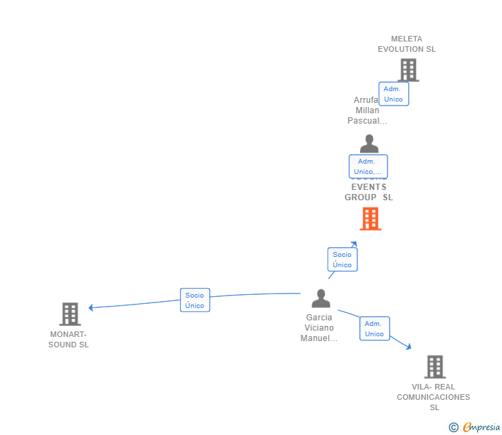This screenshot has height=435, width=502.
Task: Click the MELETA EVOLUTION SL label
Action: pos(406,44)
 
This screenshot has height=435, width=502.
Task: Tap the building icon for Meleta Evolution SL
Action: pos(408,70)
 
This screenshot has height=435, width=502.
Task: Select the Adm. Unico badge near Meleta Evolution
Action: pos(394,94)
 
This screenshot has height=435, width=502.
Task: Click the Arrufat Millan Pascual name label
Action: pos(367,110)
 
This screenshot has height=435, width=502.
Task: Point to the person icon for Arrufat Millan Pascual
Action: pos(369,144)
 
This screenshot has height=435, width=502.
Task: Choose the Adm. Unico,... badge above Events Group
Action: pos(368,166)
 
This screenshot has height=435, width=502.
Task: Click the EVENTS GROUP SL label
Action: pos(369,192)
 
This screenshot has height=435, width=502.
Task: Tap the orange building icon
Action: pos(370,219)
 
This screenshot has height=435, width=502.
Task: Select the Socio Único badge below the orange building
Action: pos(342,260)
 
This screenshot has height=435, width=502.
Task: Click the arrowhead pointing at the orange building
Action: pos(354,244)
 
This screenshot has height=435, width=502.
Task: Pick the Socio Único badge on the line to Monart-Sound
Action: pos(195,300)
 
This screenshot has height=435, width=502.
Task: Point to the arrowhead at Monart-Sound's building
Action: pos(91,307)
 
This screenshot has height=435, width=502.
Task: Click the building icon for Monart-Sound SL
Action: pos(70,314)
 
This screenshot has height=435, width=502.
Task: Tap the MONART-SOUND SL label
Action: pos(69,340)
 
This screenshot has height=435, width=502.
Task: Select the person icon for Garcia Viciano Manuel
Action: pos(321,298)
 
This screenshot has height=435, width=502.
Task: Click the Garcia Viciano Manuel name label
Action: pos(319,328)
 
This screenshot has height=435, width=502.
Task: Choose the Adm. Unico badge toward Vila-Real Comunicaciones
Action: pos(374,329)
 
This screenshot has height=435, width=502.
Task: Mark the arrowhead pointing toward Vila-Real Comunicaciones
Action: pos(408,347)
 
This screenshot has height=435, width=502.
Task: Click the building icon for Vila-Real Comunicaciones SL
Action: pos(434,367)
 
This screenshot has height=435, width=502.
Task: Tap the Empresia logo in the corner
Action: pos(475,427)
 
